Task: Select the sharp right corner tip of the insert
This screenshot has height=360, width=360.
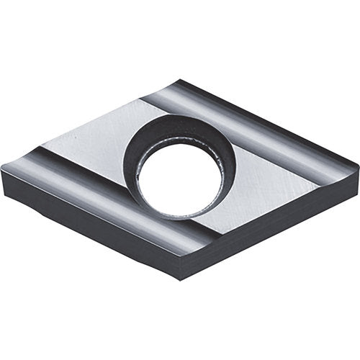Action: coord(358,167)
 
